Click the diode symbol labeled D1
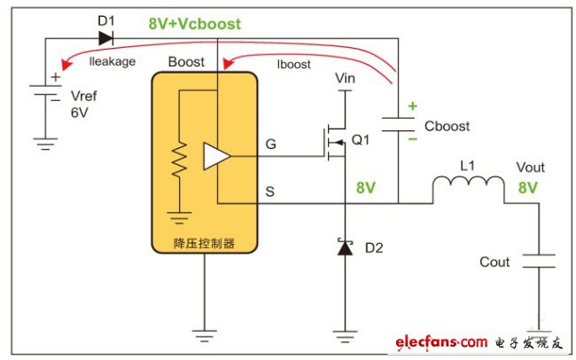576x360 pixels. click(105, 37)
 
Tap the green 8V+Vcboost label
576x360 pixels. click(195, 24)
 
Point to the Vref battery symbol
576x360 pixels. click(42, 91)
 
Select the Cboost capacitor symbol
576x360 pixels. click(399, 123)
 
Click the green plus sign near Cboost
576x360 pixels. click(411, 106)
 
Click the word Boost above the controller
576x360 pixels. click(186, 62)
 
